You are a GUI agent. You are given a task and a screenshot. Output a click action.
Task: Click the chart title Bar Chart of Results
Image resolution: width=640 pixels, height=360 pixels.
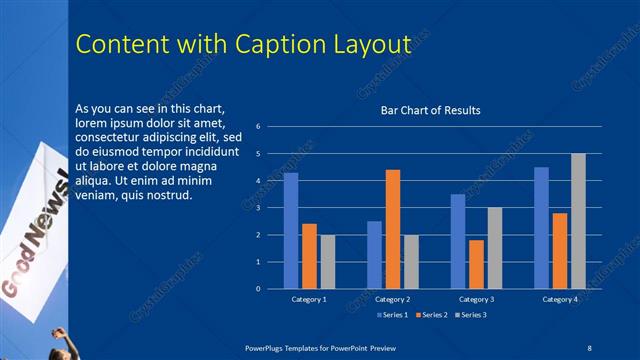[430, 110]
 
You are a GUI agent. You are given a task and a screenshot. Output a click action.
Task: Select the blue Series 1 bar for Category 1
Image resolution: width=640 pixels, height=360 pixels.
[291, 231]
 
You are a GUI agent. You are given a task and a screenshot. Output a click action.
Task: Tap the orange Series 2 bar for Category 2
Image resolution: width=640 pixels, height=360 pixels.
[393, 229]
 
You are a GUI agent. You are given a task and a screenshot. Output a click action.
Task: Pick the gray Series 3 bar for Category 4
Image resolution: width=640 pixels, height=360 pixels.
[578, 221]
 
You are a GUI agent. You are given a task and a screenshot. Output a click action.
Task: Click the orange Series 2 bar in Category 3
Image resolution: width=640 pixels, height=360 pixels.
[476, 264]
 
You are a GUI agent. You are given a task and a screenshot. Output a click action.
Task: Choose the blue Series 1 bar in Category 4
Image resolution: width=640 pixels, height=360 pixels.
[542, 228]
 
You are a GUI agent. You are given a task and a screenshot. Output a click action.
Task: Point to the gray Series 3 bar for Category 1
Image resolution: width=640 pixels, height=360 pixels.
[328, 262]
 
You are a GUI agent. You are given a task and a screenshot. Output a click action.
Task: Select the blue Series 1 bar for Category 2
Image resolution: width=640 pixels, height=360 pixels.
[374, 255]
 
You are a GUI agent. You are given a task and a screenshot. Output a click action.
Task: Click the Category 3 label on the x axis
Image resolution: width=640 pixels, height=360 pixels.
[476, 300]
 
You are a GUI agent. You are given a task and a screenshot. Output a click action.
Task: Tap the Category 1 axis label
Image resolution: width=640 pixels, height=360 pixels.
[309, 300]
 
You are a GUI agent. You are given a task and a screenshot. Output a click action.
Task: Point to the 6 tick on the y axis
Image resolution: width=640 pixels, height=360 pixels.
[258, 127]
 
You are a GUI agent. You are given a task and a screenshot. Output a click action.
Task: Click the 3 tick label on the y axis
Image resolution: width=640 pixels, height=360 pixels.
[258, 208]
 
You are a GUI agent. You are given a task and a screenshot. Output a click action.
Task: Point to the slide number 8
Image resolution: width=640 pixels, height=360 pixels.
[589, 346]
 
